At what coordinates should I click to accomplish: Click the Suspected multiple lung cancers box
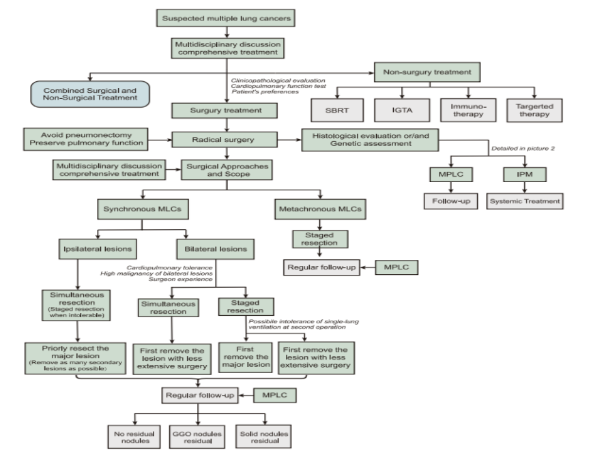pos(226,18)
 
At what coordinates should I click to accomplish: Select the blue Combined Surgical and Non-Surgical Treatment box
pos(89,94)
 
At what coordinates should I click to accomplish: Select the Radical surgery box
pos(225,141)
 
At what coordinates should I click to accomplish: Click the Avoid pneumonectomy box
pos(85,138)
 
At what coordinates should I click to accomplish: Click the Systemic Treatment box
pos(525,201)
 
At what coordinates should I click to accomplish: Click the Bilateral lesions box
pos(215,248)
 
